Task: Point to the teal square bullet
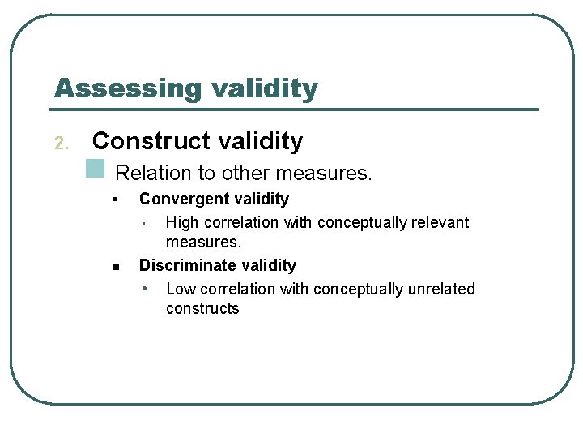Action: click(x=96, y=168)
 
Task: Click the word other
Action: click(x=246, y=173)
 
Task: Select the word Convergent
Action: click(x=177, y=199)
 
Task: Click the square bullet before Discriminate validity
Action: click(x=117, y=266)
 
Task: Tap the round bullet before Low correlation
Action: click(x=144, y=289)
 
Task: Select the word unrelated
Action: click(x=443, y=289)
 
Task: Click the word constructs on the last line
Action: click(x=202, y=309)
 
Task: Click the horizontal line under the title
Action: click(x=296, y=109)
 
